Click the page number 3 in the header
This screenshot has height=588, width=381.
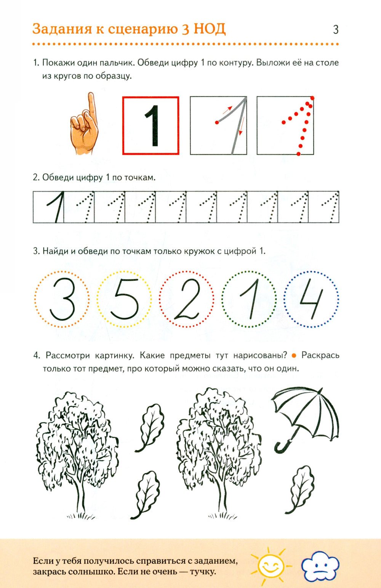(335, 30)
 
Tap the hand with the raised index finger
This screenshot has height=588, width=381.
(84, 126)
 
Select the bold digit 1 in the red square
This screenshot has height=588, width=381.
(152, 126)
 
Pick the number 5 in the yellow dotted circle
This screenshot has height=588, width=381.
(124, 299)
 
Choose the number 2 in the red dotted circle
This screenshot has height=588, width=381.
(187, 299)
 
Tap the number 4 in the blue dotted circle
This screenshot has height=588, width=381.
(312, 299)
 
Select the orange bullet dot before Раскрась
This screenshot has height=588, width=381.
(294, 356)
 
